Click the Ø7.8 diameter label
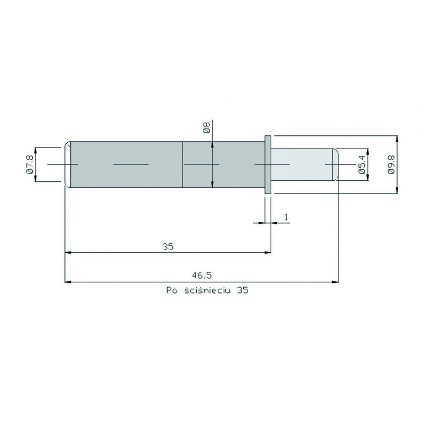click(30, 164)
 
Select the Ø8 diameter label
click(207, 127)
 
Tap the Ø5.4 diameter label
click(362, 164)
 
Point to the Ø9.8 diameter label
click(391, 164)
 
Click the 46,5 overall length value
click(202, 275)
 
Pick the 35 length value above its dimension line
click(168, 246)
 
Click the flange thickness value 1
click(286, 217)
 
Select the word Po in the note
click(172, 290)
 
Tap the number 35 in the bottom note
click(242, 290)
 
